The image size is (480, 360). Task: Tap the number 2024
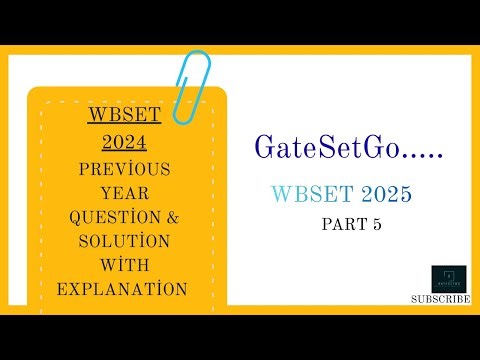(125, 145)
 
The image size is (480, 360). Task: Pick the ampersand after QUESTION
(175, 217)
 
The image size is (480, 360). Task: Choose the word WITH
(125, 265)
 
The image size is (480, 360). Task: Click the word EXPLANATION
(125, 289)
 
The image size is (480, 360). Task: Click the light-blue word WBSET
(307, 193)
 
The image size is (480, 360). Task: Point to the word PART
(340, 225)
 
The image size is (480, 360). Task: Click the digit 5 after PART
(376, 225)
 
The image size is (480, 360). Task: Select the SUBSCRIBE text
(441, 298)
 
